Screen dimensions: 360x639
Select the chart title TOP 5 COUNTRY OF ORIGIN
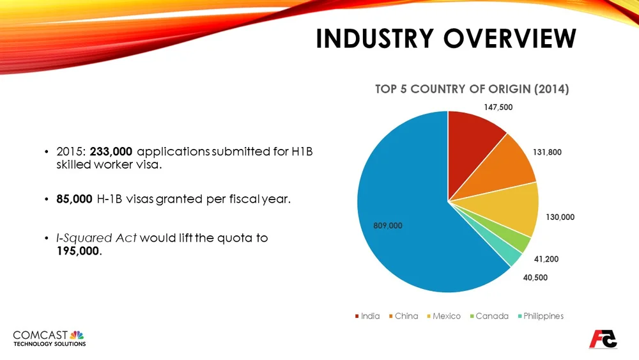[472, 89]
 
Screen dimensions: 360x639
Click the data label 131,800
[547, 153]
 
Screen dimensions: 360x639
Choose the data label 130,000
[560, 217]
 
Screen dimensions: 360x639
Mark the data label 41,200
[546, 260]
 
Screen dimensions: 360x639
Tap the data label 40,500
[535, 278]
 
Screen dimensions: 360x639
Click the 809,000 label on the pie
[388, 226]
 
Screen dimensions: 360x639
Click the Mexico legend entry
[446, 316]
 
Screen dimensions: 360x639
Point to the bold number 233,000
[112, 152]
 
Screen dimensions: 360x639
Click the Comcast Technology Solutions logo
[49, 338]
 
